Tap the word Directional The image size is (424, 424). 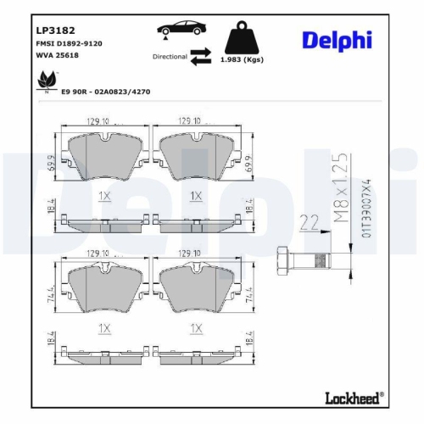pyautogui.click(x=170, y=57)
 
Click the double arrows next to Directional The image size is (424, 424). pyautogui.click(x=201, y=56)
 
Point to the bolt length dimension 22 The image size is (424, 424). pyautogui.click(x=310, y=223)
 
